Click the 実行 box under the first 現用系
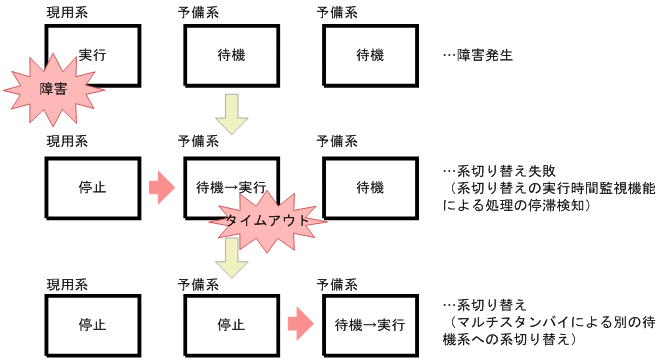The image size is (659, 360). click(x=92, y=54)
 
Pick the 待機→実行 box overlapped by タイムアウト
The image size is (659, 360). click(x=231, y=187)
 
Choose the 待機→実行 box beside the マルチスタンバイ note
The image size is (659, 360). click(x=370, y=325)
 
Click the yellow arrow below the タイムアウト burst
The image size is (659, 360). click(x=232, y=262)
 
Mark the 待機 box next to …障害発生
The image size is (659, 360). click(x=370, y=54)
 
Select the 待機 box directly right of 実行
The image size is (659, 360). click(x=231, y=54)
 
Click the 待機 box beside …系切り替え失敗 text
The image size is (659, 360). click(x=370, y=187)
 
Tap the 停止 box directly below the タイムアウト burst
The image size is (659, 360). click(x=231, y=325)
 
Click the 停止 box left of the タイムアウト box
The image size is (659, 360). click(x=92, y=187)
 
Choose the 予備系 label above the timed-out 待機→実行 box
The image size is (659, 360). click(x=198, y=143)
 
